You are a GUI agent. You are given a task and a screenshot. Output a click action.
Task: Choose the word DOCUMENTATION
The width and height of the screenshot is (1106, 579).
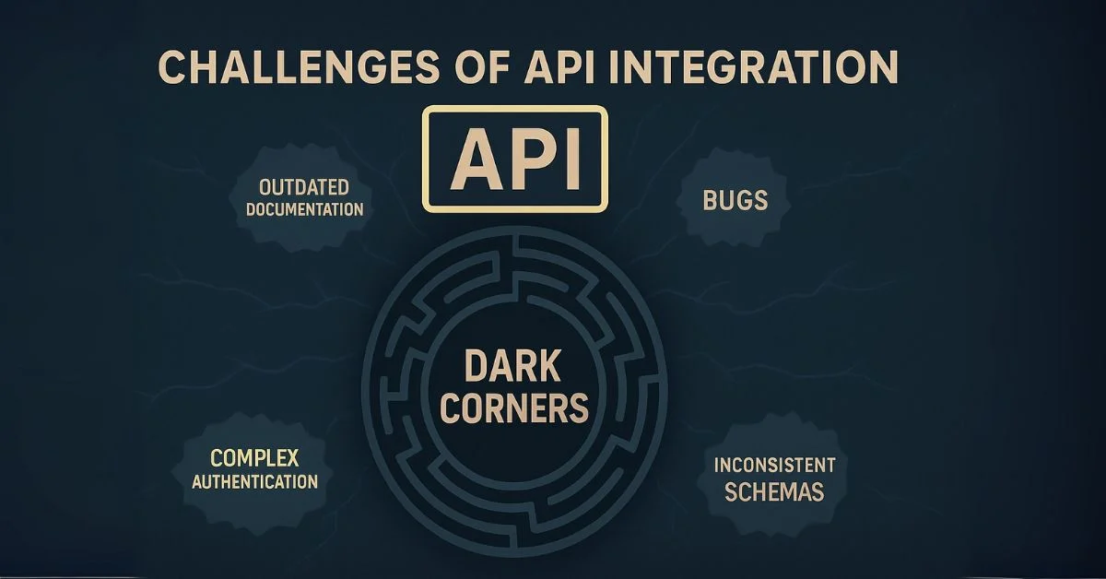(x=304, y=209)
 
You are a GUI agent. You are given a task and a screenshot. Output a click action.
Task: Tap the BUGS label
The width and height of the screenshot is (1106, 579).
(x=735, y=201)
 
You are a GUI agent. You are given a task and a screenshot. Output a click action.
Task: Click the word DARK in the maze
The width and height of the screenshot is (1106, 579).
(x=513, y=367)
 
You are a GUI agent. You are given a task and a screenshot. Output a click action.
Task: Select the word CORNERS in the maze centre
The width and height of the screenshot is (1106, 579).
(x=513, y=407)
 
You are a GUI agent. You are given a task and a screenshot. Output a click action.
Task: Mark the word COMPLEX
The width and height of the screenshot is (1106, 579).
(x=255, y=458)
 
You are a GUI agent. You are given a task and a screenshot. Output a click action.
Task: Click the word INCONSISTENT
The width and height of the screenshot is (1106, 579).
(x=774, y=465)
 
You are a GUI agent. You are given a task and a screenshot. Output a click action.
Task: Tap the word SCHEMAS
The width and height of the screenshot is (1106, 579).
(x=773, y=491)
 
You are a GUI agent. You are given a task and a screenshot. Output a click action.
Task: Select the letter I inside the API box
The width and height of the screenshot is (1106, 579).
(x=571, y=159)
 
